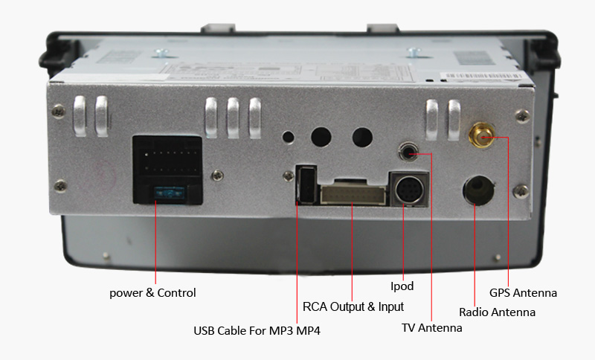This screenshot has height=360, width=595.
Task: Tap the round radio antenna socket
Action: coord(476,190)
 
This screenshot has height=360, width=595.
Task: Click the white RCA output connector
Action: coord(353,194)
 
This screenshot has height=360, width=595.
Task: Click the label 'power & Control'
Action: coord(152,292)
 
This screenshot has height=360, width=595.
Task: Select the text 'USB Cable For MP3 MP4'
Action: coord(257,331)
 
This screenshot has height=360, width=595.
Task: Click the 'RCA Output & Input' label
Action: coord(353,306)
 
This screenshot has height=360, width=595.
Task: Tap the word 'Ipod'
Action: coord(402,286)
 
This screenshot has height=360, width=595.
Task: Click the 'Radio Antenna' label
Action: coord(497,312)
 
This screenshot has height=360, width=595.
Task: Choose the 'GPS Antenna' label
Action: coord(523,293)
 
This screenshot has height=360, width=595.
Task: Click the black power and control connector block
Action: coord(167,169)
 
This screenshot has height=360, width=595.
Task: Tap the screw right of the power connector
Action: coord(216,176)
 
